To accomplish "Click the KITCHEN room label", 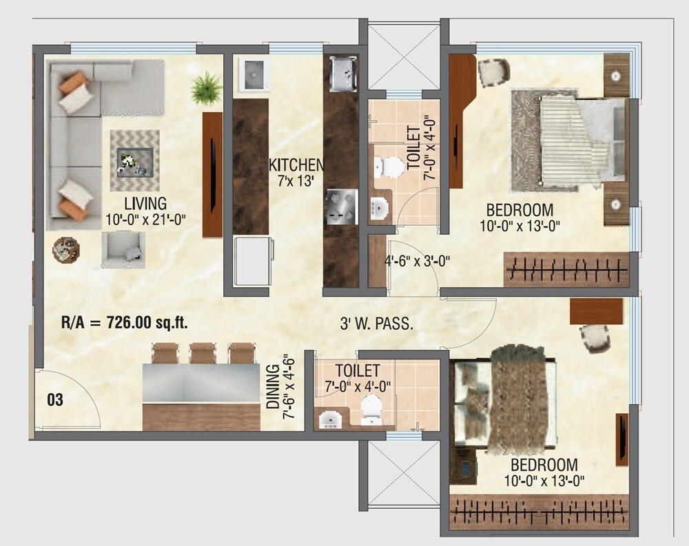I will [296, 165].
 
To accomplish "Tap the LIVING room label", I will [145, 204].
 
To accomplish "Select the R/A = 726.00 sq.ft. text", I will [125, 322].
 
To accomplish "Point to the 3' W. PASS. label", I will [377, 324].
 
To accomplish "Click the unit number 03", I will [55, 400].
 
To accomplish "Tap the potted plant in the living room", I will [206, 88].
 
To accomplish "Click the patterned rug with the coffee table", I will [134, 161].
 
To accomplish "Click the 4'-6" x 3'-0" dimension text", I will [418, 261].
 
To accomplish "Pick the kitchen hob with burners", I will [341, 207].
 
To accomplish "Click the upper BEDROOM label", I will [520, 210].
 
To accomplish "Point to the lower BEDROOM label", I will [544, 465].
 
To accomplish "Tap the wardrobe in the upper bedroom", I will [566, 269].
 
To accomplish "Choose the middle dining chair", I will [203, 353].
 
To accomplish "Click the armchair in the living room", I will [124, 249].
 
